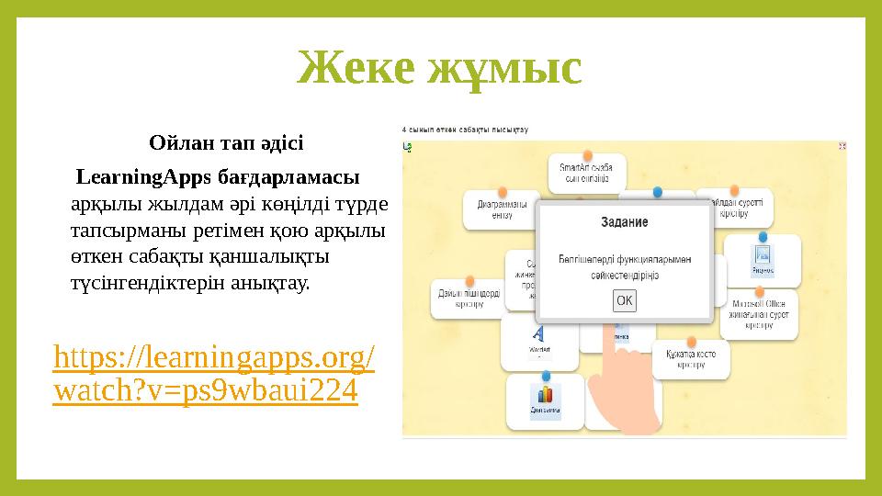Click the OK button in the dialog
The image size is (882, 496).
click(624, 300)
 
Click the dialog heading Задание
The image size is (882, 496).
click(624, 222)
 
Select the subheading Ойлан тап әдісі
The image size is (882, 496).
click(225, 143)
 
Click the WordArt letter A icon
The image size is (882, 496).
click(539, 333)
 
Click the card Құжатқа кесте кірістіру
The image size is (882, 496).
click(691, 358)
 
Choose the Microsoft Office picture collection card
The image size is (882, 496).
click(758, 312)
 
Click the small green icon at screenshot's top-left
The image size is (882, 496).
click(407, 146)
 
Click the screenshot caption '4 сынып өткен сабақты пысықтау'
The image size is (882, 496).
click(465, 130)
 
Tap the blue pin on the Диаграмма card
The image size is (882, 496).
click(546, 377)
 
